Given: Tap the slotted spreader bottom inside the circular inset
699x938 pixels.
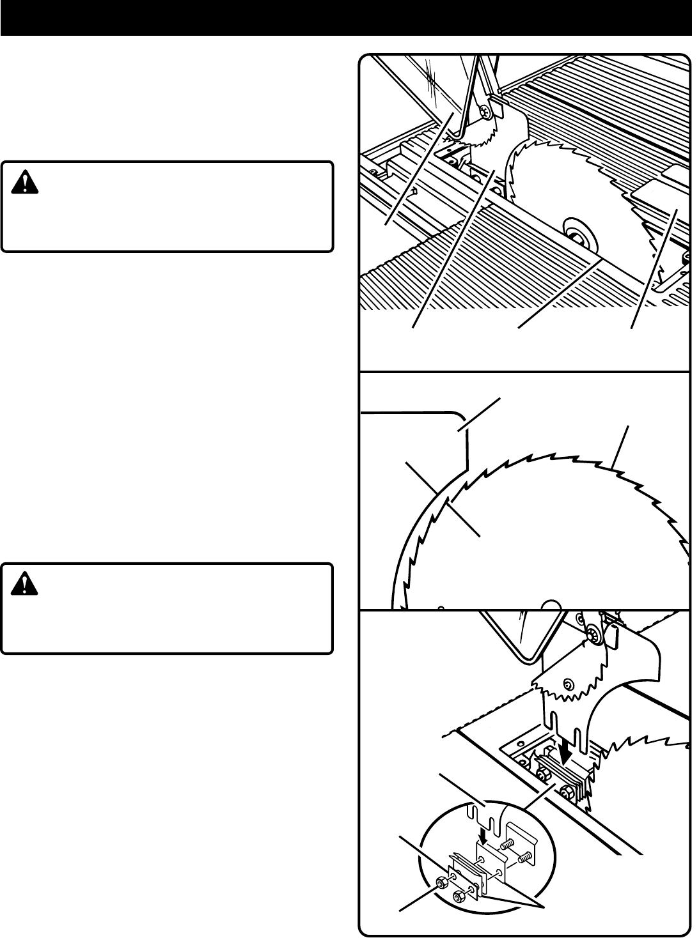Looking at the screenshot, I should coord(481,815).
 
